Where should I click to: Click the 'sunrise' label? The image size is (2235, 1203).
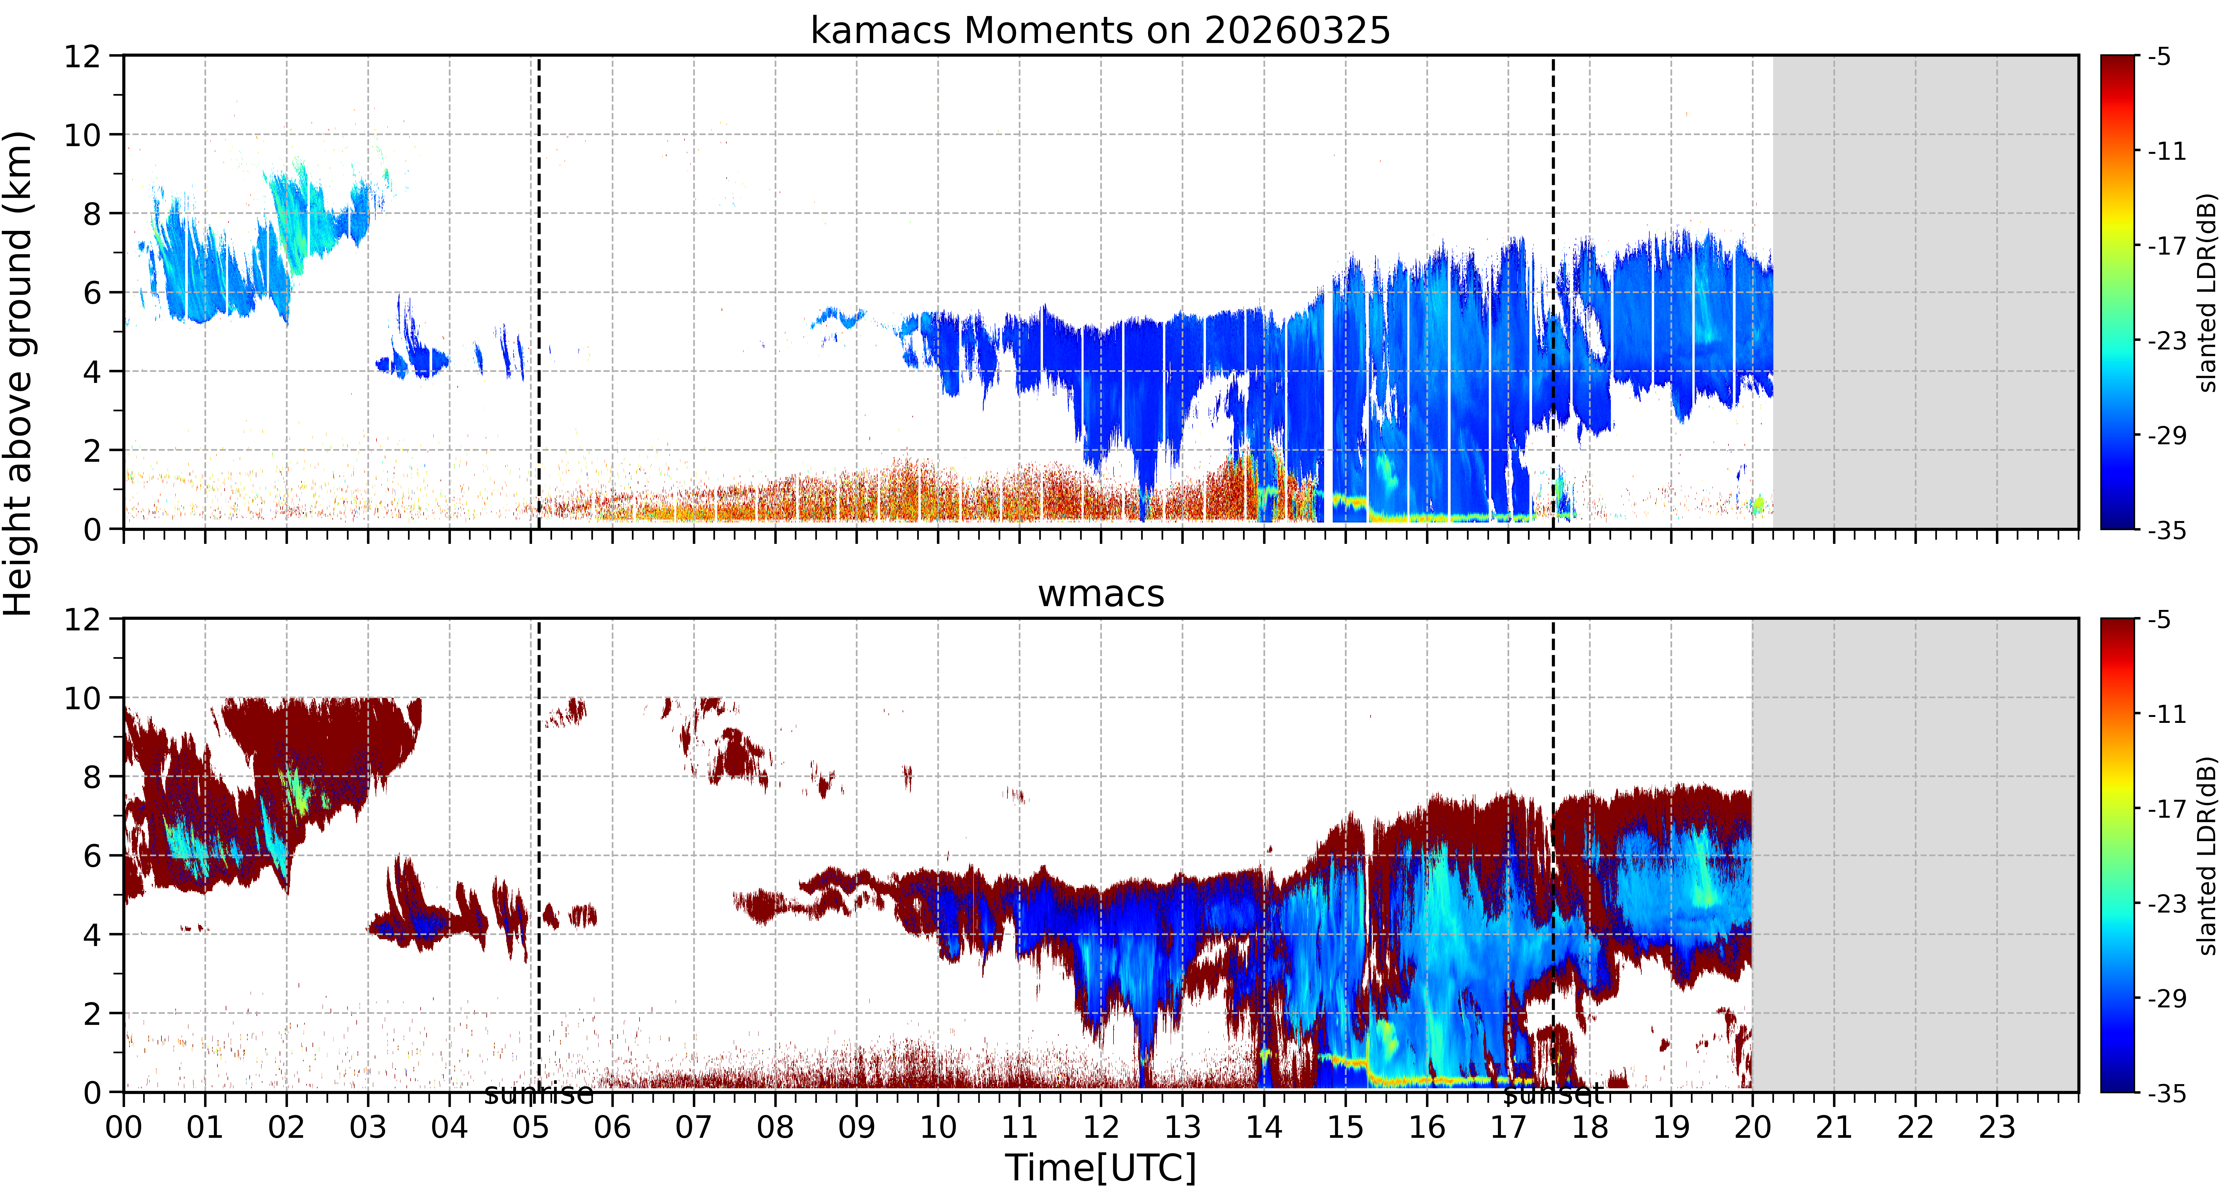click(x=539, y=1095)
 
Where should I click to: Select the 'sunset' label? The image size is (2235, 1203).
click(x=1553, y=1095)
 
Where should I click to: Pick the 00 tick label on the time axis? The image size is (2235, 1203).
click(x=124, y=1127)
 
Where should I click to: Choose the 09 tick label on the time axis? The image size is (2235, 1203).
click(x=856, y=1127)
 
